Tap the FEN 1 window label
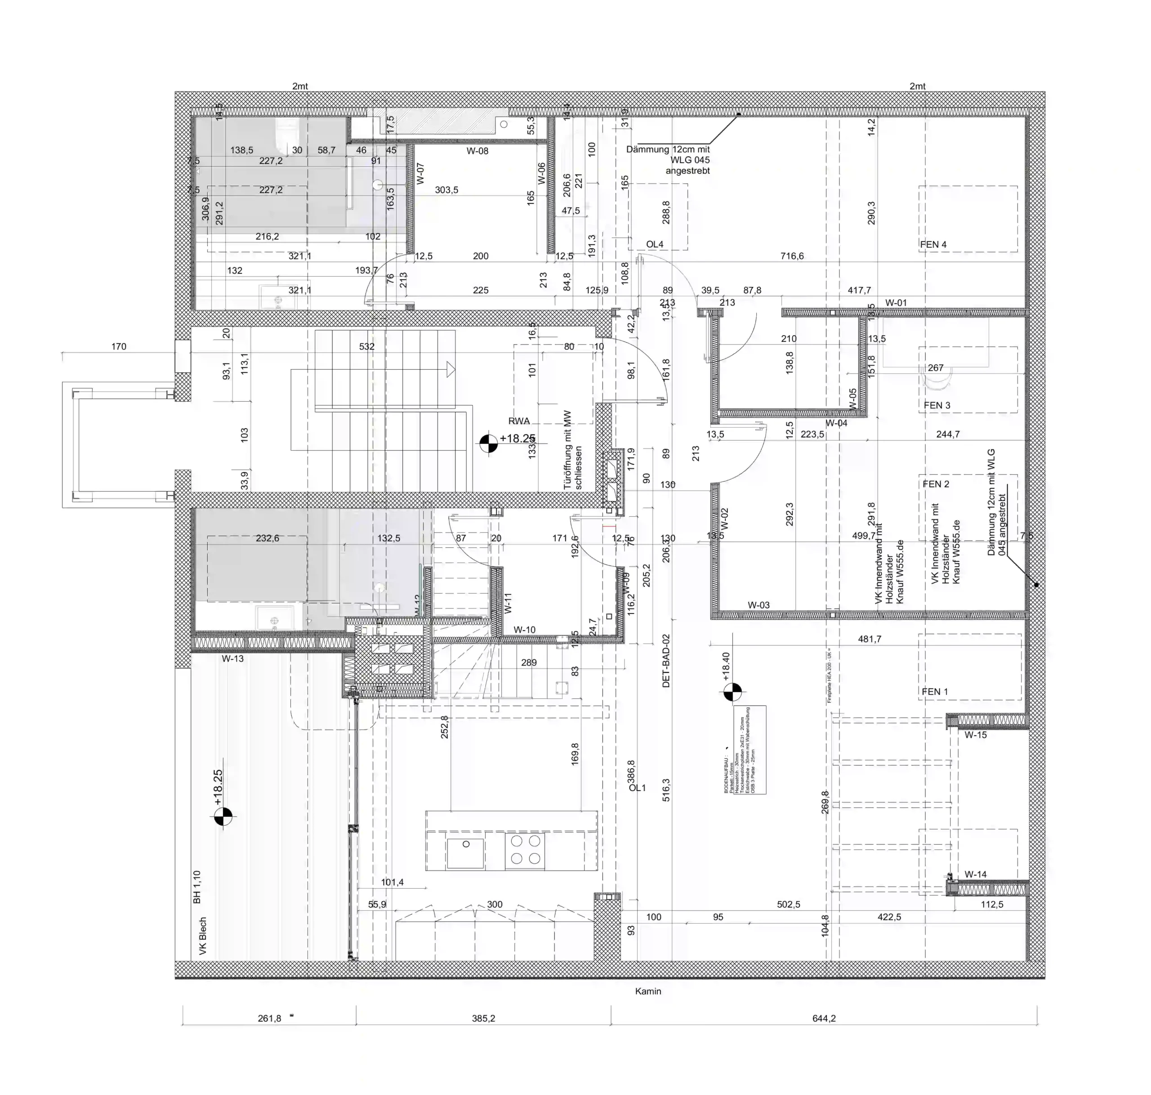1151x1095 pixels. pyautogui.click(x=934, y=692)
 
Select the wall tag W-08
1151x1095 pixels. pyautogui.click(x=477, y=151)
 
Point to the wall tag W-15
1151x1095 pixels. pyautogui.click(x=975, y=735)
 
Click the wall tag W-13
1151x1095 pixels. pyautogui.click(x=232, y=658)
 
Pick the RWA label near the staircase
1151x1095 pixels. pyautogui.click(x=519, y=421)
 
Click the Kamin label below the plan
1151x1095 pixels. pyautogui.click(x=648, y=991)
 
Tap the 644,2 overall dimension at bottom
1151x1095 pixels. pyautogui.click(x=824, y=1019)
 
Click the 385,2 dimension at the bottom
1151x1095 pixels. pyautogui.click(x=483, y=1019)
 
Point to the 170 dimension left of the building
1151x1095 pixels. pyautogui.click(x=119, y=347)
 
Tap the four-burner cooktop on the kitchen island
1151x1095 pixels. pyautogui.click(x=525, y=850)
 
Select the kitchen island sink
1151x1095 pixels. pyautogui.click(x=465, y=853)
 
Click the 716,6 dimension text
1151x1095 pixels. pyautogui.click(x=791, y=256)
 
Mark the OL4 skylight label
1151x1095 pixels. pyautogui.click(x=654, y=245)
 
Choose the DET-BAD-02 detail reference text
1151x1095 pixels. pyautogui.click(x=666, y=661)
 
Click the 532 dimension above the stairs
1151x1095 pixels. pyautogui.click(x=366, y=347)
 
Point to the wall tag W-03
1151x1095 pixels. pyautogui.click(x=758, y=605)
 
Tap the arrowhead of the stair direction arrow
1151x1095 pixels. pyautogui.click(x=451, y=370)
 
